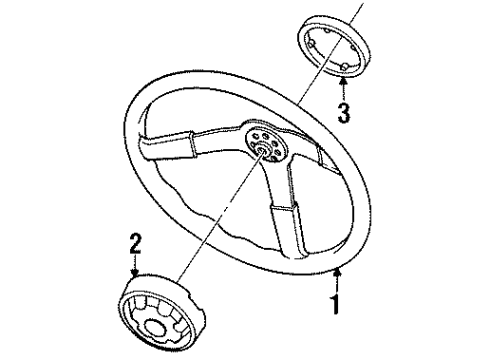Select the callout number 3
(344, 112)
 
